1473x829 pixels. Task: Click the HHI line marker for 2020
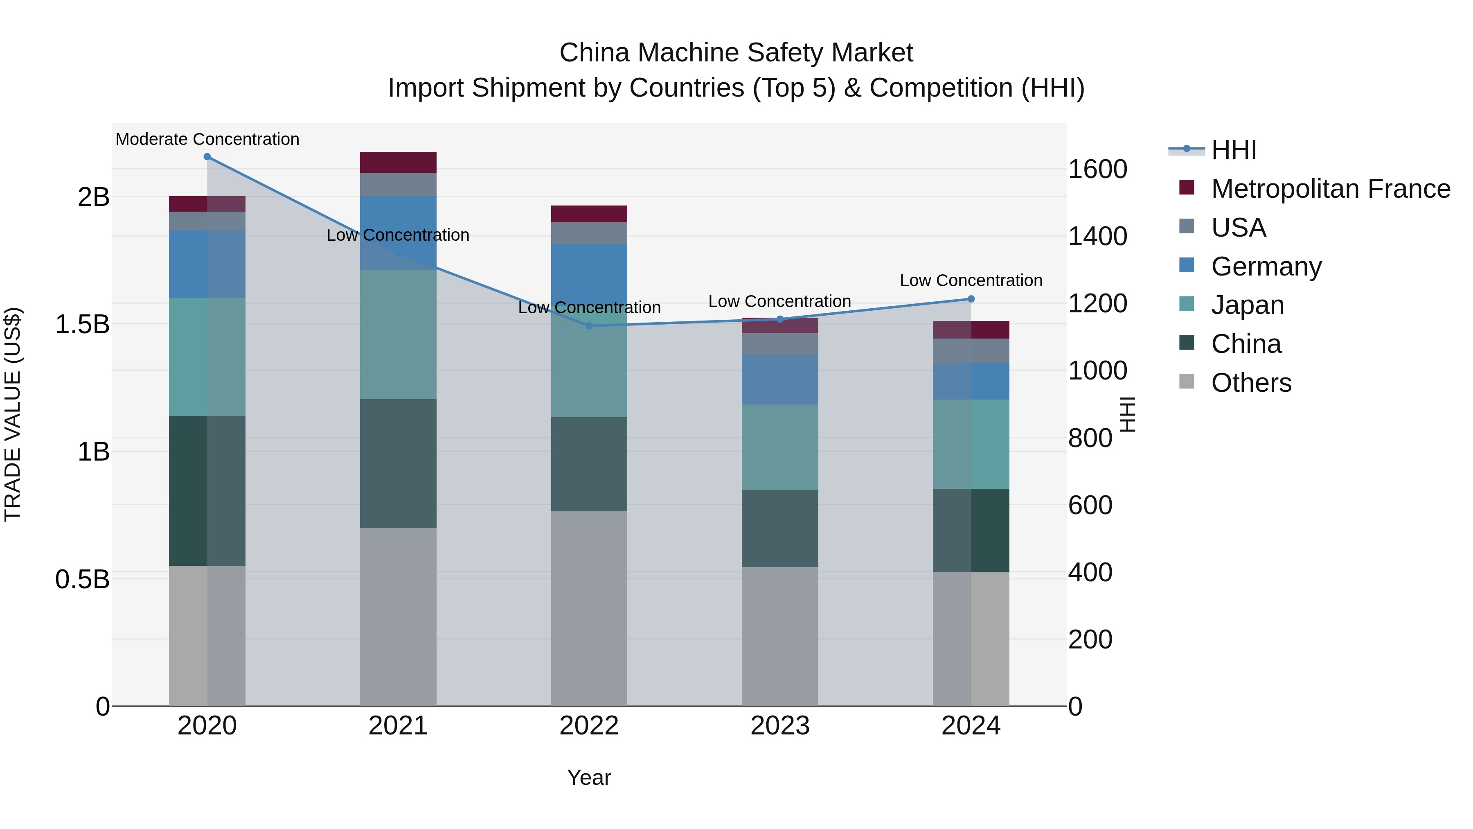coord(207,157)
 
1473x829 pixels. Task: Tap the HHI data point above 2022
coord(590,325)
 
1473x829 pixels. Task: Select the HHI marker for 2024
coord(971,299)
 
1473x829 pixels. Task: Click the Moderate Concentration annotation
coord(207,139)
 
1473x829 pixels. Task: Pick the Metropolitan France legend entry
coord(1330,189)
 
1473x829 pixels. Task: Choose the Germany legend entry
coord(1266,266)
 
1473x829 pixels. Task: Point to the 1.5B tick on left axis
coord(82,324)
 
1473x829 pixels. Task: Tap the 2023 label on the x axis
coord(779,725)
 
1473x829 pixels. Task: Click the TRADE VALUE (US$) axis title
coord(13,414)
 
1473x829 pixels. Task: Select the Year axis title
coord(588,777)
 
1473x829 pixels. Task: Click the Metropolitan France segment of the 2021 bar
coord(398,163)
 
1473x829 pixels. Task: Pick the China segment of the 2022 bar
coord(589,464)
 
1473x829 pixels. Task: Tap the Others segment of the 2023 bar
coord(779,636)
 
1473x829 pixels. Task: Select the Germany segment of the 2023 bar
coord(779,379)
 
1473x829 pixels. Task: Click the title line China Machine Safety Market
coord(736,53)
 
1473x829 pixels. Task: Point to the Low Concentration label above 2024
coord(971,280)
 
